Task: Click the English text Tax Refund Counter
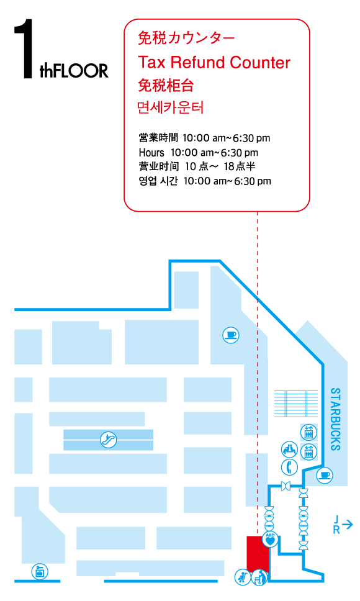(214, 62)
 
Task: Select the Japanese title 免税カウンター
(186, 38)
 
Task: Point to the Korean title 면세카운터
(170, 107)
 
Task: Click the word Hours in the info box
(151, 153)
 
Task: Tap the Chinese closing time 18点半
(240, 166)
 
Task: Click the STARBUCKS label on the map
(335, 419)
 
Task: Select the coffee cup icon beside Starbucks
(325, 476)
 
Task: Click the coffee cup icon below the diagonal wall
(231, 335)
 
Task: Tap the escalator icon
(109, 440)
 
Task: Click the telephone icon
(289, 468)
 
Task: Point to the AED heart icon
(271, 539)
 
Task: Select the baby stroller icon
(243, 577)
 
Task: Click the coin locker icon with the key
(40, 572)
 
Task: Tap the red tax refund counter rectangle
(258, 554)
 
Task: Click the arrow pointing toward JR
(348, 524)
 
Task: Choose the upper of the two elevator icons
(308, 432)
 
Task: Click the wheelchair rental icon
(259, 577)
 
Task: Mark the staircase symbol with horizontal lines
(295, 404)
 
